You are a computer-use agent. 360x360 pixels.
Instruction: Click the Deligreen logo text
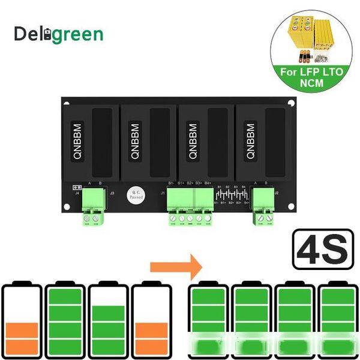[x=59, y=34]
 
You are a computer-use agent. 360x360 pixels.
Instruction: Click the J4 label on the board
[x=77, y=193]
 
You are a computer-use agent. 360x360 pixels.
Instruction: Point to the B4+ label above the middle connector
[x=208, y=182]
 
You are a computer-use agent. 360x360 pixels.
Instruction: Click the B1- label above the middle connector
[x=171, y=182]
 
